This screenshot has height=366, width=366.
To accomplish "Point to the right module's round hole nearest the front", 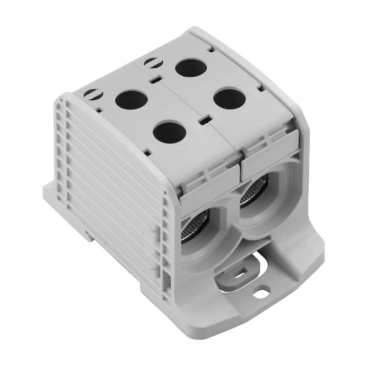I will point(229,98).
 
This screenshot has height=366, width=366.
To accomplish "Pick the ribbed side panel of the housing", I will point(114,183).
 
